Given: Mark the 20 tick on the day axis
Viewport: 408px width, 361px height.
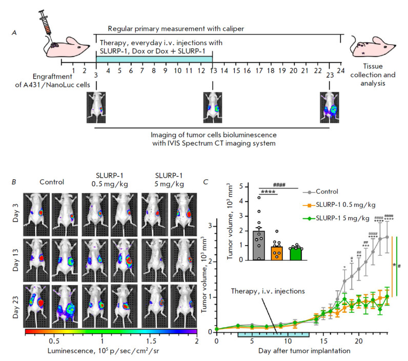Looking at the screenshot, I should (x=359, y=341).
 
